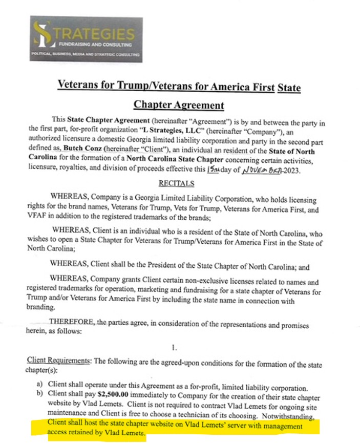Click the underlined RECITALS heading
[176, 183]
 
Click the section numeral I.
[175, 348]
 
